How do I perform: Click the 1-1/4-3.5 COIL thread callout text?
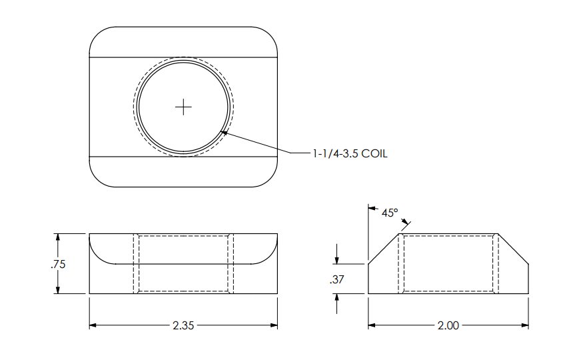(350, 154)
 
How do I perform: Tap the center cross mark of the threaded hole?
(183, 107)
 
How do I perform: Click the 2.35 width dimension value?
(183, 326)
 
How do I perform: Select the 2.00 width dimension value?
(448, 326)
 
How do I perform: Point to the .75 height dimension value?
(58, 264)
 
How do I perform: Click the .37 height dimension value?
(336, 281)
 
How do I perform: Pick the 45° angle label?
(390, 213)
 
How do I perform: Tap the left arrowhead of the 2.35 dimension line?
(93, 325)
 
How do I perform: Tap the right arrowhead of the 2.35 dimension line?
(273, 325)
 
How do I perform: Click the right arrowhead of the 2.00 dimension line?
(525, 325)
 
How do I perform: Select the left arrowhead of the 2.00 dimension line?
(372, 325)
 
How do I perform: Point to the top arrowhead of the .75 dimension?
(59, 237)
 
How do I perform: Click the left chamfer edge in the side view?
(383, 249)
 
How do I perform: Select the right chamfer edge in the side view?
(514, 249)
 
